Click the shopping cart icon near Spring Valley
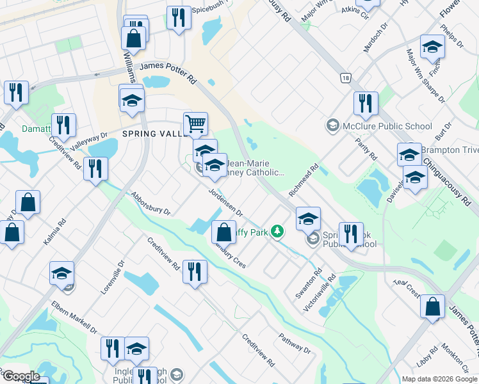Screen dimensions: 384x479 [x=195, y=124]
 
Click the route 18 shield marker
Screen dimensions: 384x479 [x=346, y=77]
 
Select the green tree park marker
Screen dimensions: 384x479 [x=277, y=231]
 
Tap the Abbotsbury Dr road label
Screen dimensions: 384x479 [x=150, y=202]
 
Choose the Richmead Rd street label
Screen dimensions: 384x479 [x=304, y=181]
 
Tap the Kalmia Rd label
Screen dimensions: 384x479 [x=61, y=233]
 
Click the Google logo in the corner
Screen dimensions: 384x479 [x=21, y=376]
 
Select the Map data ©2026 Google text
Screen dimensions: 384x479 [x=439, y=379]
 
